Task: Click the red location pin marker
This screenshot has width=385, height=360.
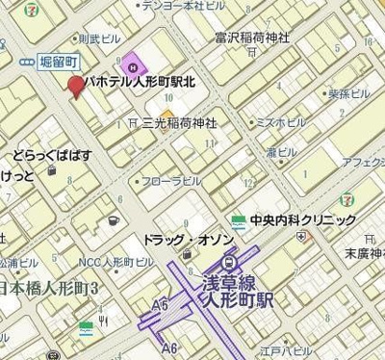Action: (x=76, y=86)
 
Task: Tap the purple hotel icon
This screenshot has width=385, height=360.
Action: (x=134, y=65)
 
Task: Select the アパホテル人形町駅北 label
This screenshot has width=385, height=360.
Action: (x=141, y=84)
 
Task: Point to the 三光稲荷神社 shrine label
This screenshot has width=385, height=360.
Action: (x=179, y=123)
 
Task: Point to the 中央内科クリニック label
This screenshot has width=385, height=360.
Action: (x=302, y=220)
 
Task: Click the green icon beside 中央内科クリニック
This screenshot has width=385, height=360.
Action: (x=238, y=220)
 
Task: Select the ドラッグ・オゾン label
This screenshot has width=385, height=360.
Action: (x=182, y=238)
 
